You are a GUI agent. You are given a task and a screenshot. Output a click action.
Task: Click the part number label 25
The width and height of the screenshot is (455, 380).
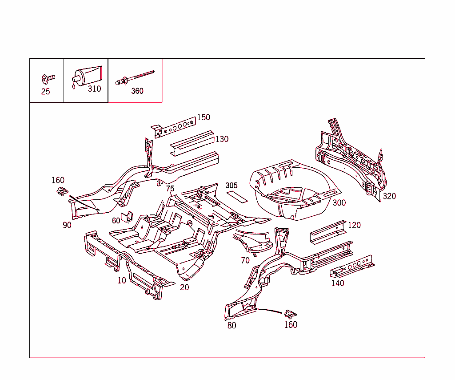[x=45, y=92]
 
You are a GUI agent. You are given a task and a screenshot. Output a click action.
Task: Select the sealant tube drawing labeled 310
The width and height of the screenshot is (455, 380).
[x=87, y=76]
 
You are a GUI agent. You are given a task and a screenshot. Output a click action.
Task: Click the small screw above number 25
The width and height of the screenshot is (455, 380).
[x=48, y=79]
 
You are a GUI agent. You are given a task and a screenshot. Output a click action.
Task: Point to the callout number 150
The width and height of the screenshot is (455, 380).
[x=204, y=117]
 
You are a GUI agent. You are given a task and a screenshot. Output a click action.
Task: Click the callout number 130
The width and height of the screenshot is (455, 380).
[x=222, y=139]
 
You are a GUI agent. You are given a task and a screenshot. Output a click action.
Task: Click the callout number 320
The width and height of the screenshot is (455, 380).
[x=389, y=196]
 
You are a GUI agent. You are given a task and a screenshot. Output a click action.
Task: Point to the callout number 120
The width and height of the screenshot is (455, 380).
[x=354, y=225]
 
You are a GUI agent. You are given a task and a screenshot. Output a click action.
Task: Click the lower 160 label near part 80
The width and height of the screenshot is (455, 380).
[x=291, y=325]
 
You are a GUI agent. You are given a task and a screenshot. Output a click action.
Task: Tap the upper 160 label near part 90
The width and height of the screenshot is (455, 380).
[x=58, y=180]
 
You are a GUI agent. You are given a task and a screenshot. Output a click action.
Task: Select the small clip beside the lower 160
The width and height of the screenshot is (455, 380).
[x=290, y=314]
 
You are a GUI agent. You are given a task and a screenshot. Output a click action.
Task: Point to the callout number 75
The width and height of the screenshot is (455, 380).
[x=170, y=189]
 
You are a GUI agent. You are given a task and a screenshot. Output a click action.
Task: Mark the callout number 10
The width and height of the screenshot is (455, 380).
[x=122, y=280]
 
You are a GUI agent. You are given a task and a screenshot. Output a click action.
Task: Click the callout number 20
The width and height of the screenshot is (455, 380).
[x=184, y=287]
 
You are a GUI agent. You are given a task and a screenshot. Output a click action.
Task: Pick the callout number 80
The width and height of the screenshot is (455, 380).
[x=232, y=325]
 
